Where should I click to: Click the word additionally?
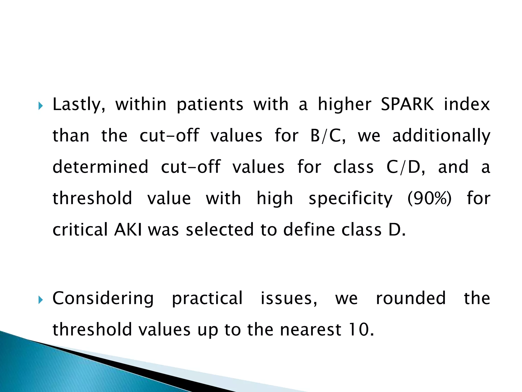441,136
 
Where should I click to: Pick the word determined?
100,167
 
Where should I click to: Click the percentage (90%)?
429,198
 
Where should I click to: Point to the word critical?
80,229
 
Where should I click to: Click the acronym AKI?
128,229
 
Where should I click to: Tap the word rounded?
411,298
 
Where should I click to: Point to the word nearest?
311,329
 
